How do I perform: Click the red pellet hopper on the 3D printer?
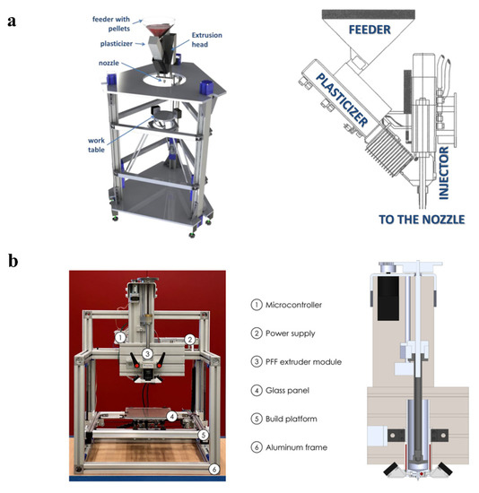pyautogui.click(x=162, y=30)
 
